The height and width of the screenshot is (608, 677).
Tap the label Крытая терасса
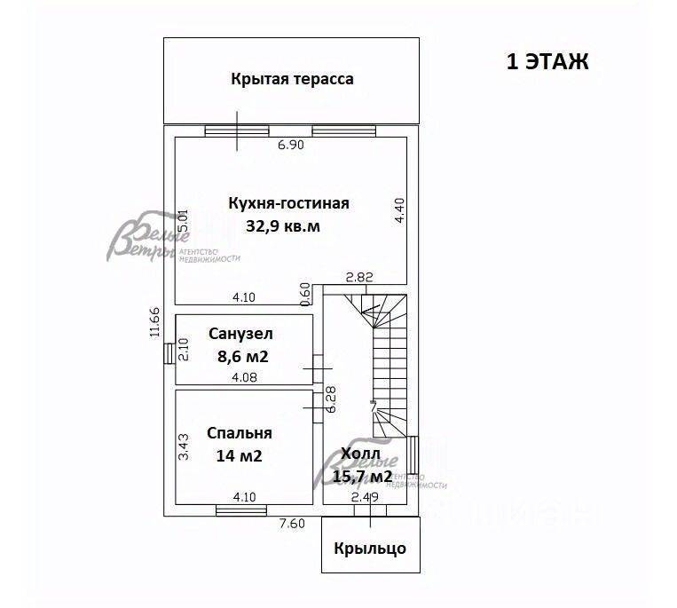(x=292, y=79)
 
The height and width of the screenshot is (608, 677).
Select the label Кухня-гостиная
(x=289, y=203)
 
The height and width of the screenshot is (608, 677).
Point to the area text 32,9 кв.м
(x=283, y=226)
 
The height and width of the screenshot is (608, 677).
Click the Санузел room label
(x=241, y=335)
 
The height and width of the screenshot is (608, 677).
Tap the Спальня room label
(x=240, y=433)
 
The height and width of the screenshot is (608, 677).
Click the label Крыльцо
(x=370, y=548)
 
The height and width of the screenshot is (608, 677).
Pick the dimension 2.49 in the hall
(x=364, y=497)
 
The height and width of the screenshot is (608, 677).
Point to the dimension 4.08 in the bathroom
(x=245, y=378)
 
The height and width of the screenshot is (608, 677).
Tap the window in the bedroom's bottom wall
(x=241, y=509)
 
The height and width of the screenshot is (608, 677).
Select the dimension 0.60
(x=306, y=293)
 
